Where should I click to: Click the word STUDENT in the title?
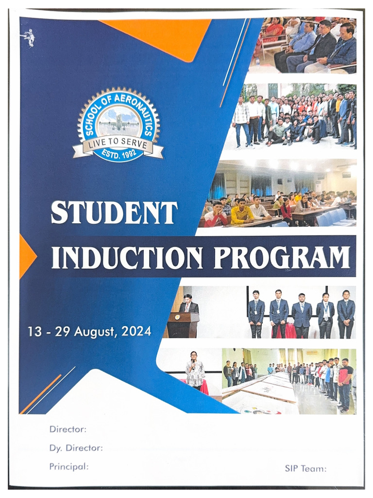pos(115,213)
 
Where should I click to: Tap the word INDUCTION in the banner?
pos(127,258)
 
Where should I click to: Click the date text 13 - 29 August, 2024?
pos(89,332)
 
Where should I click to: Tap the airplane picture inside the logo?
pos(118,122)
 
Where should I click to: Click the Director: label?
pos(68,429)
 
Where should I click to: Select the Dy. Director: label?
pos(76,448)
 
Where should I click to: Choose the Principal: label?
pos(69,466)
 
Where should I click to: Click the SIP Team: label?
pos(305,469)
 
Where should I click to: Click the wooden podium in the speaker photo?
pos(184,325)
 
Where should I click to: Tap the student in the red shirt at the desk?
pos(215,215)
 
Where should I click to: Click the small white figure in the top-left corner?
pos(29,37)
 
